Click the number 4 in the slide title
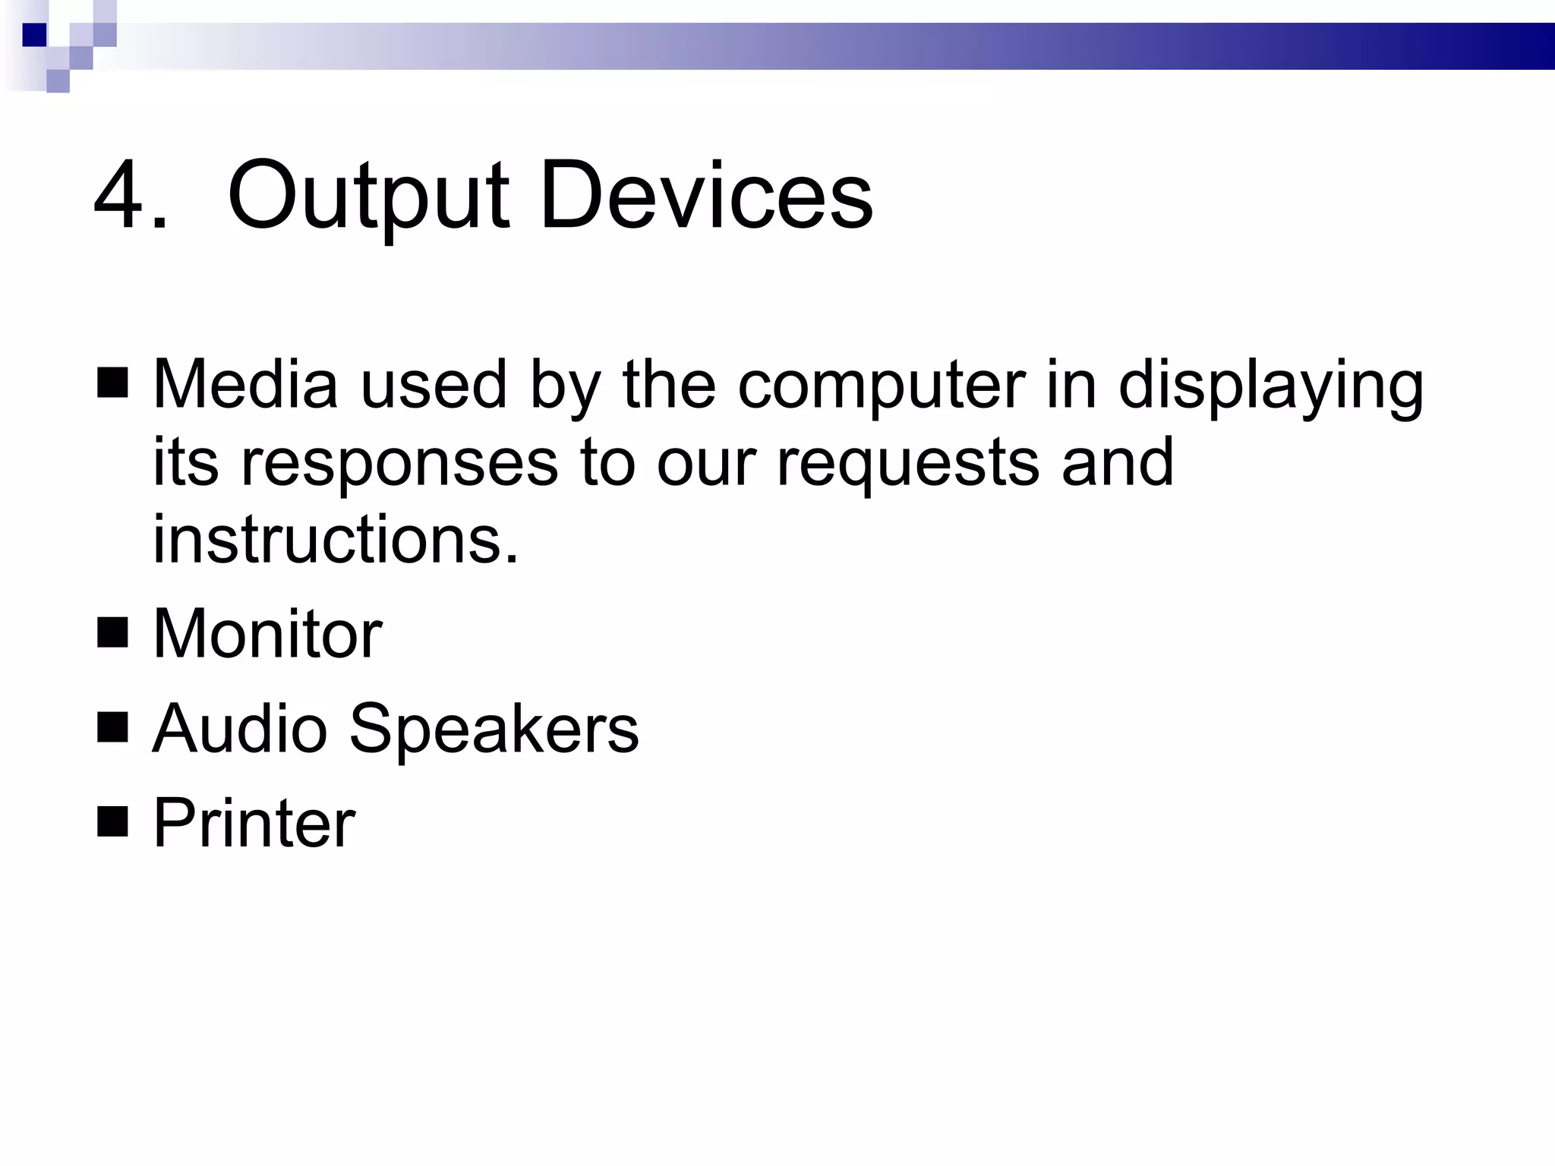[122, 195]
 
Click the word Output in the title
[368, 197]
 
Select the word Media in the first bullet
[245, 384]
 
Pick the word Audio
[239, 728]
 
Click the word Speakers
[494, 730]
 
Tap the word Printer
[254, 823]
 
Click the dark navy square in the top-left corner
[34, 35]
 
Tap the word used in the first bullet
[433, 384]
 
